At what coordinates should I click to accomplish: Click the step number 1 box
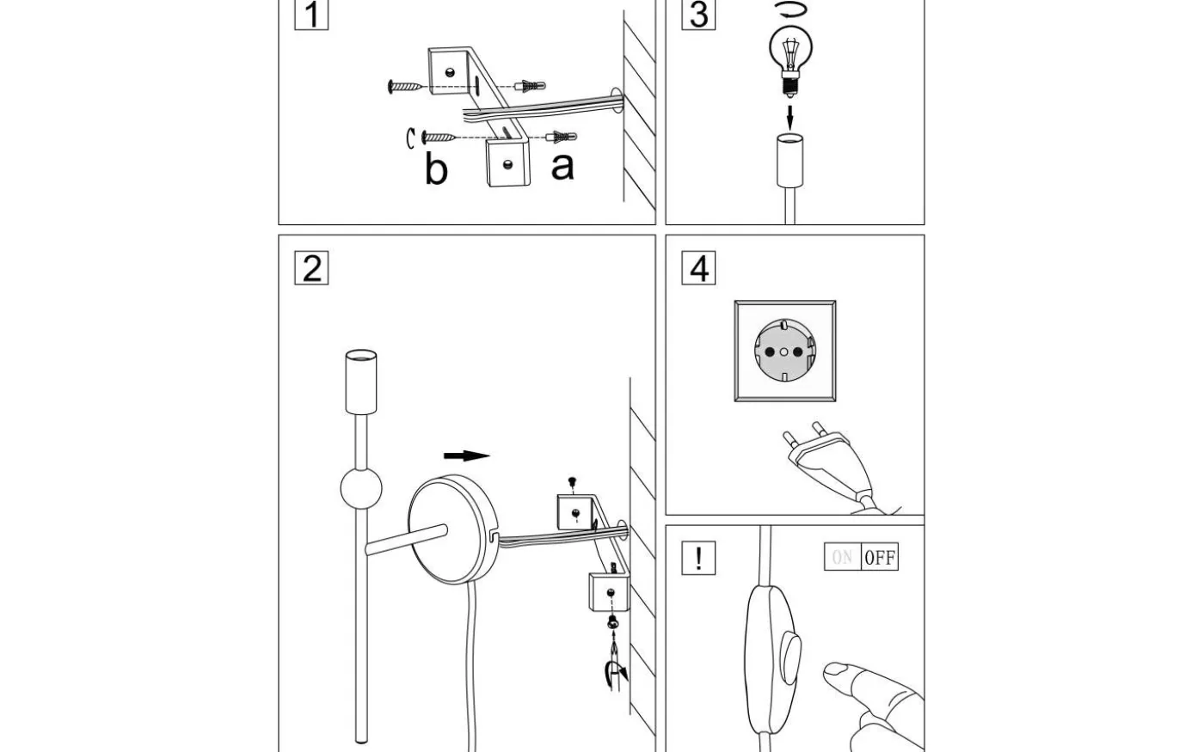[311, 15]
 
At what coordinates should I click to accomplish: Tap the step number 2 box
[311, 268]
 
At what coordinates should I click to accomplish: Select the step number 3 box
[698, 15]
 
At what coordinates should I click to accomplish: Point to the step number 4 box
[698, 268]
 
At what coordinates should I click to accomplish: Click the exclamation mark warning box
[698, 558]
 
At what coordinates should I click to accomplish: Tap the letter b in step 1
[436, 168]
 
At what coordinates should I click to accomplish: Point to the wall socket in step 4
[784, 351]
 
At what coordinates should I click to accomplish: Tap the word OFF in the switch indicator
[880, 558]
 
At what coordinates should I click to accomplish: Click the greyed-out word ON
[842, 558]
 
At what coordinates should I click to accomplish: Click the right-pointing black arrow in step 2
[466, 456]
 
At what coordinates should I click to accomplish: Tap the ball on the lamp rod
[360, 488]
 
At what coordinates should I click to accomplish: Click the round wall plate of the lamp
[452, 529]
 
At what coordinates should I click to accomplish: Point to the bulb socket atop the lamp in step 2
[361, 381]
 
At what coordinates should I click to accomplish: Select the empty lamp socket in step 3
[789, 161]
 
